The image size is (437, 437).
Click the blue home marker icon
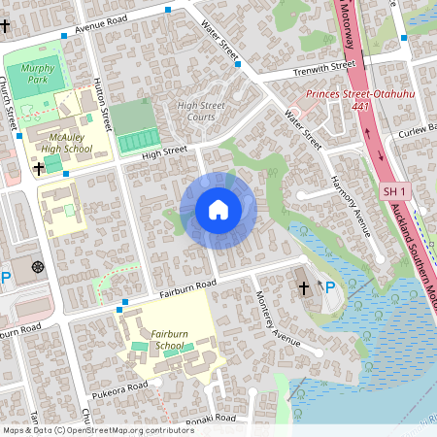tap(218, 210)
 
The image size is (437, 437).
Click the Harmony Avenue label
tap(351, 205)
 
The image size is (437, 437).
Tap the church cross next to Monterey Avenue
tap(303, 287)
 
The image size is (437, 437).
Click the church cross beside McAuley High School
tap(39, 169)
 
